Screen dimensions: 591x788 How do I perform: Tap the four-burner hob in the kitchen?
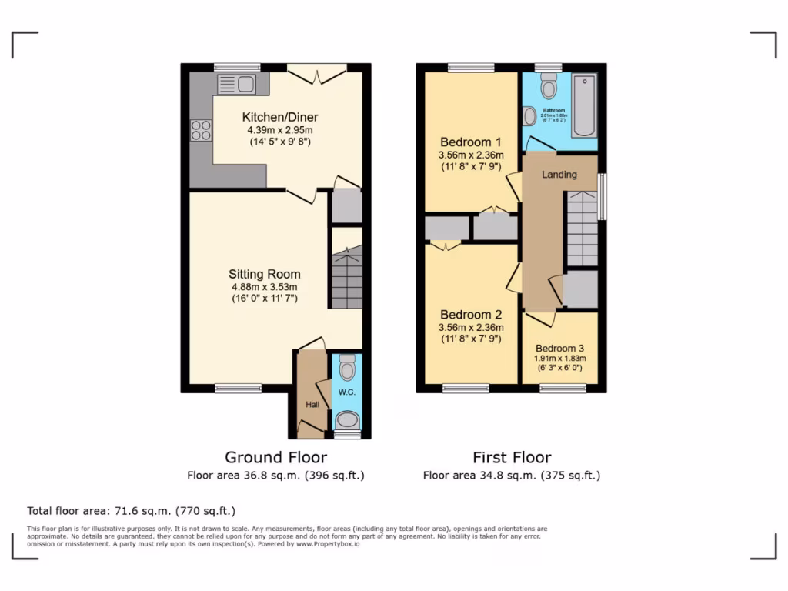pyautogui.click(x=201, y=131)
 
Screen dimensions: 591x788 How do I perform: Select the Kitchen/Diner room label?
pyautogui.click(x=279, y=117)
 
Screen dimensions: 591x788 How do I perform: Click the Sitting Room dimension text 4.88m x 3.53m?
pyautogui.click(x=264, y=287)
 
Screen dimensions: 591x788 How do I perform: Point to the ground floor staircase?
pyautogui.click(x=346, y=278)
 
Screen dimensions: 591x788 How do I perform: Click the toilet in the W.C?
pyautogui.click(x=347, y=369)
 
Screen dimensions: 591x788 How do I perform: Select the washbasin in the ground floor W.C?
pyautogui.click(x=347, y=420)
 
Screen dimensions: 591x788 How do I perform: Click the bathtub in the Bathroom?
pyautogui.click(x=583, y=106)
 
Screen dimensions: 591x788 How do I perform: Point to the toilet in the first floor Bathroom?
pyautogui.click(x=549, y=88)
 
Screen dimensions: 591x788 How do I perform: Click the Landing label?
pyautogui.click(x=559, y=175)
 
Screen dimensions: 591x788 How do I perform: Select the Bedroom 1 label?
pyautogui.click(x=471, y=142)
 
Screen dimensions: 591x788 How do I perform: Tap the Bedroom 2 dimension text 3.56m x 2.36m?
pyautogui.click(x=471, y=327)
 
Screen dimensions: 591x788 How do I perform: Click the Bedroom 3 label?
pyautogui.click(x=559, y=347)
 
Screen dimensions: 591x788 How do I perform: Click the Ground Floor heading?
pyautogui.click(x=275, y=457)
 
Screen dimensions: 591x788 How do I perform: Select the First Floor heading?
pyautogui.click(x=512, y=457)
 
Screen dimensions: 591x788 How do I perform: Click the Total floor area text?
pyautogui.click(x=131, y=511)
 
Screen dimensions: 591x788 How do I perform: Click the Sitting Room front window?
pyautogui.click(x=238, y=389)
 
